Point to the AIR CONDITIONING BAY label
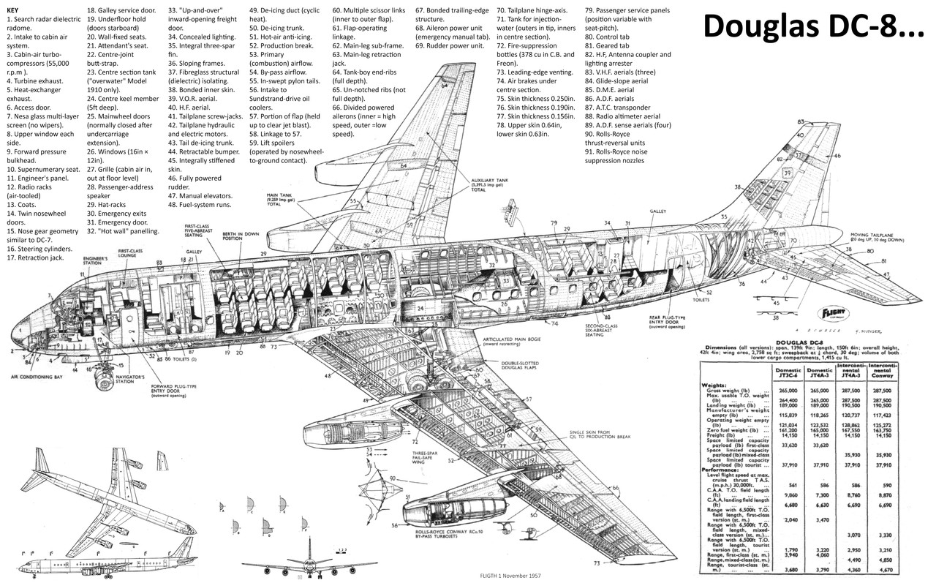click(x=45, y=377)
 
